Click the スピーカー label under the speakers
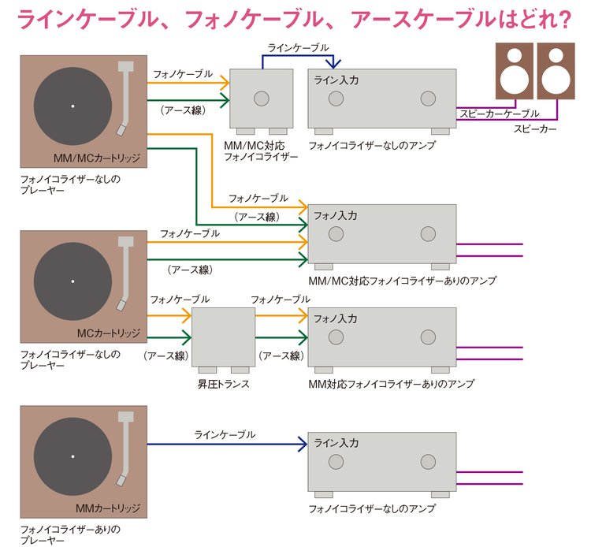(x=536, y=128)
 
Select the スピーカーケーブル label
(x=500, y=113)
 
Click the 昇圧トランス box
(x=223, y=337)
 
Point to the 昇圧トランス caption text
(x=223, y=384)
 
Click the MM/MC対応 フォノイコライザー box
(x=261, y=98)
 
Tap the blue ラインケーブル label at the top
(x=299, y=48)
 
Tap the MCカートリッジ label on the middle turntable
(x=108, y=332)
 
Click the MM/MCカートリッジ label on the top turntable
(x=97, y=158)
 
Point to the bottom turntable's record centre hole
(x=72, y=456)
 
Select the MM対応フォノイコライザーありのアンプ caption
(x=391, y=384)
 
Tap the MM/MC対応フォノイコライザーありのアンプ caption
(x=403, y=280)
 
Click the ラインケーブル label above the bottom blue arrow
(x=225, y=434)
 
